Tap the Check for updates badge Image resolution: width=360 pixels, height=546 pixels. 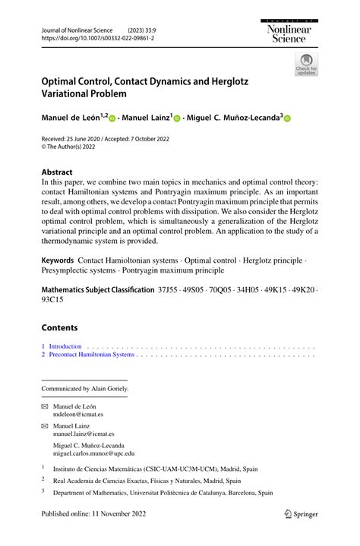coord(306,64)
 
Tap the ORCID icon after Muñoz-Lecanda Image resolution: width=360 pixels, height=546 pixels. coord(288,118)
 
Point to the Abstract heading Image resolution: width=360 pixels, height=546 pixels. coord(58,172)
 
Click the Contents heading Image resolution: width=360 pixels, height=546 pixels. coord(59,327)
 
